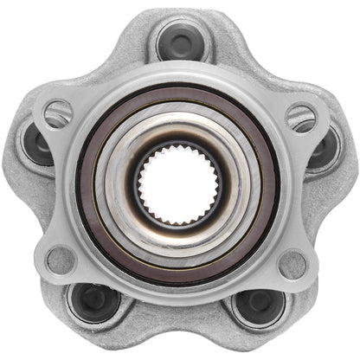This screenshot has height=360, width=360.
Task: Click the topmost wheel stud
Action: point(181,41)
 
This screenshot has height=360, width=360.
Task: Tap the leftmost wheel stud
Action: point(36,145)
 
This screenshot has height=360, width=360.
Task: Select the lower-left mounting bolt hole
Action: point(60,258)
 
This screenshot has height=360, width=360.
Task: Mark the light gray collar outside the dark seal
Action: point(179,75)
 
